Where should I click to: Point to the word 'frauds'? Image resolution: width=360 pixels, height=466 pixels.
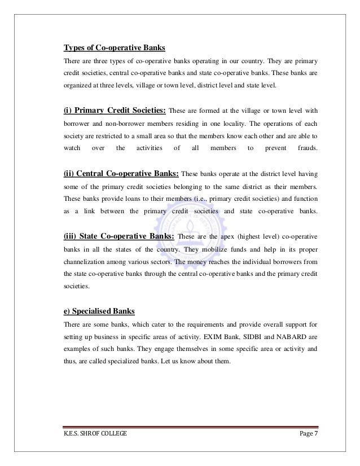click(x=308, y=148)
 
